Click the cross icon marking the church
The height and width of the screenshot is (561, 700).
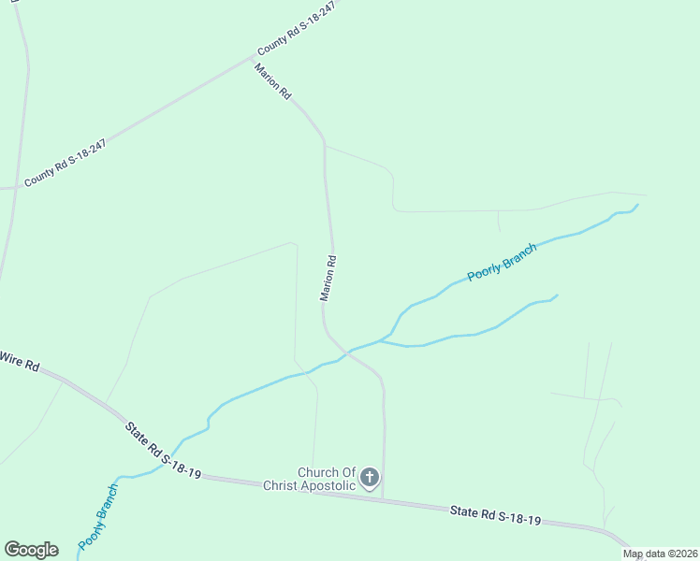coord(370,479)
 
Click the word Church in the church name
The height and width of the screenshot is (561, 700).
coord(316,472)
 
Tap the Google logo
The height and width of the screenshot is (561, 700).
coord(31,550)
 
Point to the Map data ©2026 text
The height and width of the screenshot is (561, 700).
coord(660,554)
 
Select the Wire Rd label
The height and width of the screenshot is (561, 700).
coord(19,360)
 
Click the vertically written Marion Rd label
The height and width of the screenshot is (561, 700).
coord(328,279)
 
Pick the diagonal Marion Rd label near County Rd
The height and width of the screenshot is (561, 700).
coord(272,81)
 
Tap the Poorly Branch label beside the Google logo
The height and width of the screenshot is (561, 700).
coord(98,515)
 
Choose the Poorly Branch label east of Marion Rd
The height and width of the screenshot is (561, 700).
coord(503,262)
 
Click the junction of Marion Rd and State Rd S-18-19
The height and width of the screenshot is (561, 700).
coord(383,497)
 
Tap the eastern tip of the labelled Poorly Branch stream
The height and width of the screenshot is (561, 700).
coord(637,205)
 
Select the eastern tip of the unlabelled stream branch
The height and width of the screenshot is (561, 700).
coord(557,295)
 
